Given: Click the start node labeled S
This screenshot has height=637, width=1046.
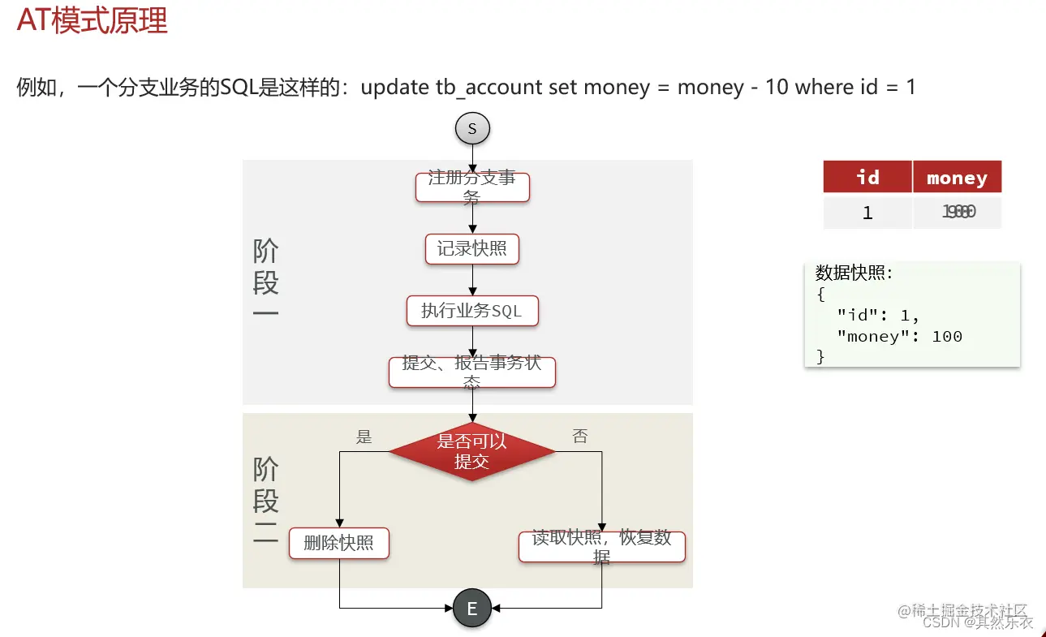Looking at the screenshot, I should pyautogui.click(x=472, y=128).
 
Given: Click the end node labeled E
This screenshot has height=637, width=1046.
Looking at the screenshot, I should pyautogui.click(x=472, y=608).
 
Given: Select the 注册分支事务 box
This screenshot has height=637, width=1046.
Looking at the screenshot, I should pyautogui.click(x=472, y=187).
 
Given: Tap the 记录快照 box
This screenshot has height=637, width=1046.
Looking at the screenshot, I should pyautogui.click(x=472, y=249).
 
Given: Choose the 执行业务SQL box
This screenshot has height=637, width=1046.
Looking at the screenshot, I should pyautogui.click(x=472, y=311).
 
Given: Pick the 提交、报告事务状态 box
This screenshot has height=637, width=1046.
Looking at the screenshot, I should pyautogui.click(x=472, y=372).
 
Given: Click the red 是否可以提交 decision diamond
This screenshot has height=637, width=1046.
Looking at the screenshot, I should pyautogui.click(x=472, y=451).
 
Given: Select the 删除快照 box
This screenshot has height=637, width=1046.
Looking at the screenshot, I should pyautogui.click(x=339, y=544).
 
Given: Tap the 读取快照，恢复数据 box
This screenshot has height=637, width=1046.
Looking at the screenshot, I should pyautogui.click(x=602, y=547).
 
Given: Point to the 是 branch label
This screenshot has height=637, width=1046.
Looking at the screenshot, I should pyautogui.click(x=364, y=437).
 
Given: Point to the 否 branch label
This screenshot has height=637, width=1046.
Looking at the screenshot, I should pyautogui.click(x=580, y=437).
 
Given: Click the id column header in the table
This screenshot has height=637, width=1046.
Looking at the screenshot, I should pyautogui.click(x=867, y=177).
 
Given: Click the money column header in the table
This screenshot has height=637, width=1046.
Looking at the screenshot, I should pyautogui.click(x=957, y=177).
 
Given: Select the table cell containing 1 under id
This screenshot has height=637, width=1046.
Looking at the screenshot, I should pyautogui.click(x=867, y=213).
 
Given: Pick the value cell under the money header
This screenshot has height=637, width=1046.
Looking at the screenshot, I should pyautogui.click(x=958, y=213).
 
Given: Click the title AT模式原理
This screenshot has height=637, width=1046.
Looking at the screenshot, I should pyautogui.click(x=92, y=20).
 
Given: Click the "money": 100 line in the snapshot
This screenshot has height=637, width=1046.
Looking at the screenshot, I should pyautogui.click(x=900, y=336).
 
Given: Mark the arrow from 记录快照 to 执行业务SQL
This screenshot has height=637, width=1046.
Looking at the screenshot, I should pyautogui.click(x=472, y=280).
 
